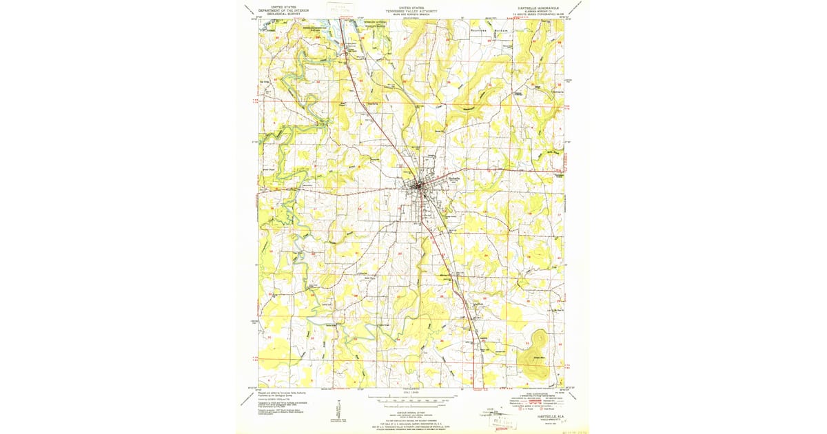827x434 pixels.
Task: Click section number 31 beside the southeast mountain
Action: coord(527,342)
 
